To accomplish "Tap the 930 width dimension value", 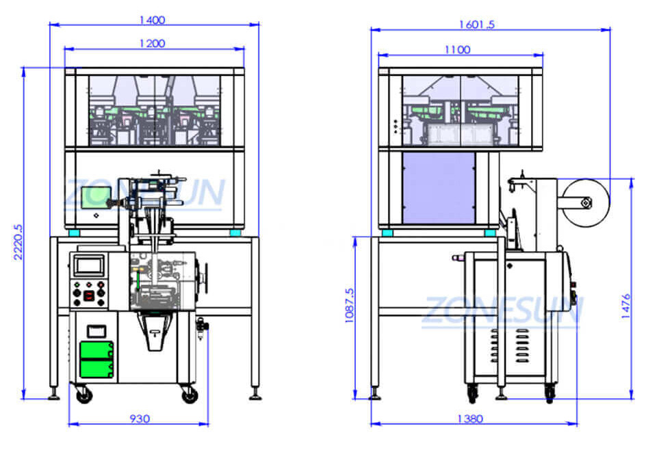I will [140, 418].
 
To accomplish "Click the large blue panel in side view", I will [439, 188].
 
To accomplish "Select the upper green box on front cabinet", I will [96, 351].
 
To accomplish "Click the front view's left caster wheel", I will [83, 395].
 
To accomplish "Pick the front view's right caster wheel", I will [189, 394].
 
